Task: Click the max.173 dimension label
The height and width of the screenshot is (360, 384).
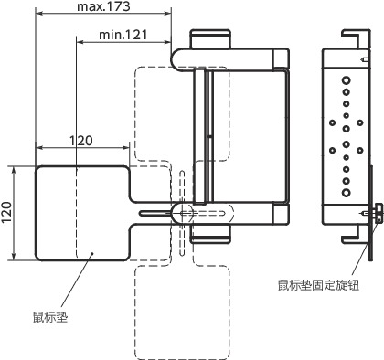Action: click(x=102, y=7)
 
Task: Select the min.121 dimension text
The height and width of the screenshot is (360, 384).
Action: click(x=123, y=34)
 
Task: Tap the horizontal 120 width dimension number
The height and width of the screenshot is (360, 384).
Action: click(x=82, y=141)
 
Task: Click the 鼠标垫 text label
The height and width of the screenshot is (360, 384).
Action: click(x=51, y=319)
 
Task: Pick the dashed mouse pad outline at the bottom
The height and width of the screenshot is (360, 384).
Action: click(x=181, y=311)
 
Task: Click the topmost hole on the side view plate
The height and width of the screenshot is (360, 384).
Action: click(x=346, y=80)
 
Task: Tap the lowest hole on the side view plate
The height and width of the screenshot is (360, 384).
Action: click(x=346, y=193)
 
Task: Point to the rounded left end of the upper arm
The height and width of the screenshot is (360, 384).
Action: click(x=178, y=57)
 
